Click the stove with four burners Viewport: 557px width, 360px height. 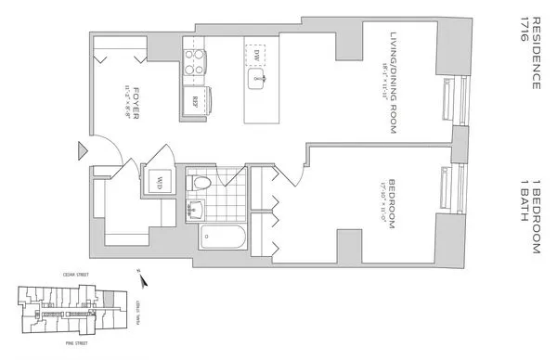click(x=197, y=66)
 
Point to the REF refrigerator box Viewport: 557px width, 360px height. click(x=197, y=99)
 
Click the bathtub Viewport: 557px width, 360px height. click(x=223, y=239)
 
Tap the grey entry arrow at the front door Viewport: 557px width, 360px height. click(x=82, y=150)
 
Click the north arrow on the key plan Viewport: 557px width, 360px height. click(x=140, y=270)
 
